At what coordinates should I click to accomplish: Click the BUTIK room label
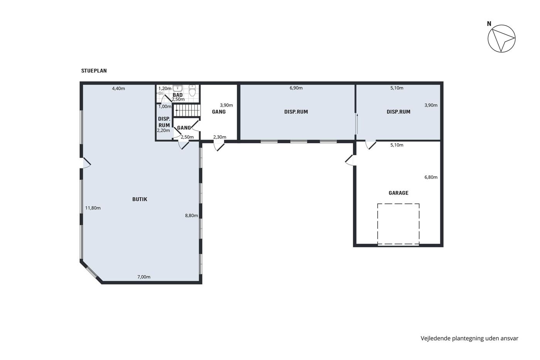(x=140, y=199)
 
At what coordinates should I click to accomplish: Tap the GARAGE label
(x=398, y=193)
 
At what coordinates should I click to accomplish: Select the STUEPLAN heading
(x=94, y=71)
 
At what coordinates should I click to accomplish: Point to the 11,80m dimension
(x=93, y=208)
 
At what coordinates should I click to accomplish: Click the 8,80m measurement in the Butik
(x=191, y=216)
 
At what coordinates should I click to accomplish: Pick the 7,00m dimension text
(x=143, y=277)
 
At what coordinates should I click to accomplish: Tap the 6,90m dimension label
(x=296, y=88)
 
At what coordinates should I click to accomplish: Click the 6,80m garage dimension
(x=431, y=177)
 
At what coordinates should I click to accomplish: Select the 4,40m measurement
(x=118, y=88)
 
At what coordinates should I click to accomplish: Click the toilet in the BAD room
(x=192, y=90)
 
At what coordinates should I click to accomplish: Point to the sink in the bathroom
(x=178, y=88)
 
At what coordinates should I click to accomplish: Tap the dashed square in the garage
(x=398, y=204)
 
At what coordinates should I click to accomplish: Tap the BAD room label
(x=178, y=95)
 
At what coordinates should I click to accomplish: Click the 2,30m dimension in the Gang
(x=219, y=137)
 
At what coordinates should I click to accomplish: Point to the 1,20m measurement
(x=165, y=88)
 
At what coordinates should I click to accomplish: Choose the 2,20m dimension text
(x=164, y=130)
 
